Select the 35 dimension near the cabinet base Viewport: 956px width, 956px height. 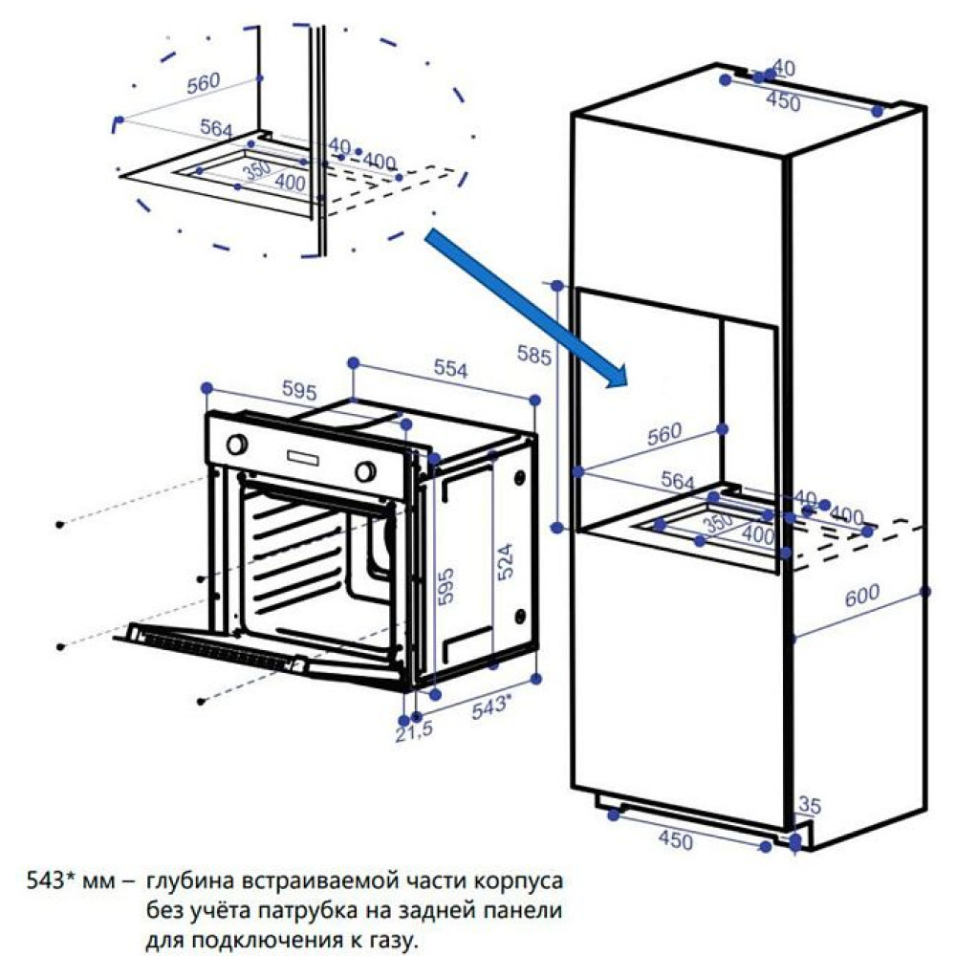coord(809,806)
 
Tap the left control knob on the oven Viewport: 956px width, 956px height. coord(237,444)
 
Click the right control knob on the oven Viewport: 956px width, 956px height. coord(364,470)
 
